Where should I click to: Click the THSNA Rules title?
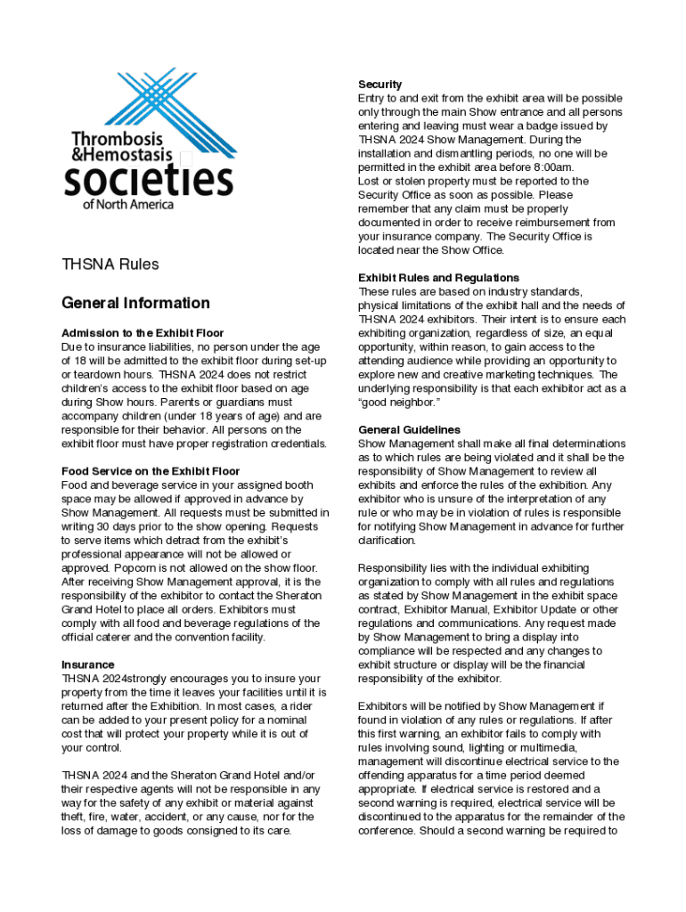coord(110,265)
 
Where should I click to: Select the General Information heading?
coord(135,303)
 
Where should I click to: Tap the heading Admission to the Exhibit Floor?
coord(143,332)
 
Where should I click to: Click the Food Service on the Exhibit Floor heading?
coord(151,471)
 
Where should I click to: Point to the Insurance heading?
coord(87,664)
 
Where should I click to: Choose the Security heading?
coord(380,85)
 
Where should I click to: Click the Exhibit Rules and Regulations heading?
coord(438,278)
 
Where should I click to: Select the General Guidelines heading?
coord(409,430)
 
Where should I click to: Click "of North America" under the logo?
coord(128,204)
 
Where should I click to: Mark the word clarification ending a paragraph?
coord(388,541)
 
